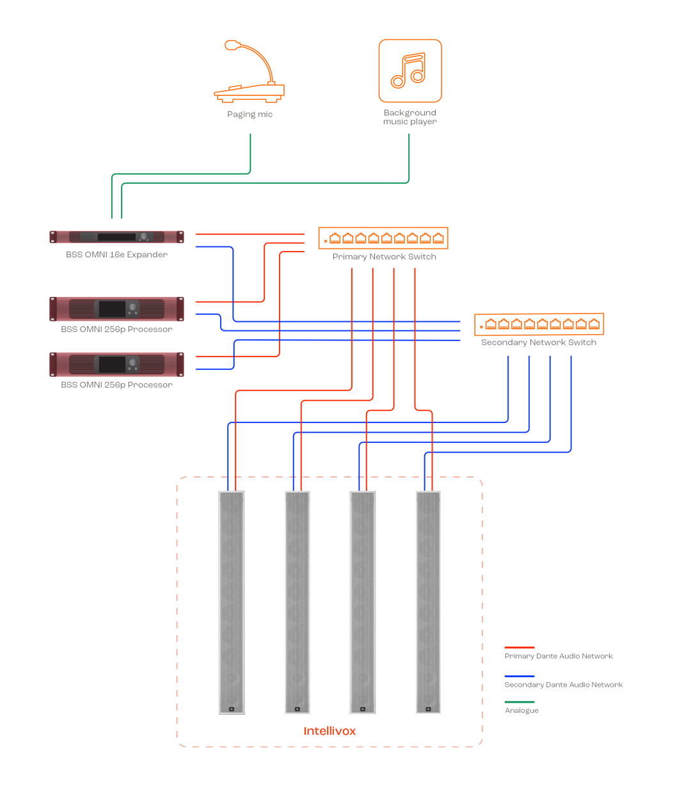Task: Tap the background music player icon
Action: (x=410, y=70)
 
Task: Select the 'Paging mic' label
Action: (x=250, y=115)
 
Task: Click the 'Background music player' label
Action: (x=410, y=117)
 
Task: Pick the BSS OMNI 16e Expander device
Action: (x=117, y=237)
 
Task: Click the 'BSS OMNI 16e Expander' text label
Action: (x=117, y=255)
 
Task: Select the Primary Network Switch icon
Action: (x=383, y=238)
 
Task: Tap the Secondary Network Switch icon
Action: (x=539, y=324)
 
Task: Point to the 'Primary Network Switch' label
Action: (x=384, y=257)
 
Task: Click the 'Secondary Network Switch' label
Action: (x=539, y=342)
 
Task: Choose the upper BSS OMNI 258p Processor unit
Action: (x=117, y=309)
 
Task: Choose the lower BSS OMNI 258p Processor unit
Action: (x=117, y=364)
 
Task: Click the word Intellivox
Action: (x=330, y=731)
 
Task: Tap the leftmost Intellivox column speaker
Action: (x=232, y=602)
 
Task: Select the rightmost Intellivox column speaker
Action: (x=428, y=602)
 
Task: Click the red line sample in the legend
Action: (x=520, y=648)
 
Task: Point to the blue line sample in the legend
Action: (x=520, y=676)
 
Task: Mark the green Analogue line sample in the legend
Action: (x=520, y=702)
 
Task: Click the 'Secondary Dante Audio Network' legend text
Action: (x=564, y=685)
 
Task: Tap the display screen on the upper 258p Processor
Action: (x=111, y=309)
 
